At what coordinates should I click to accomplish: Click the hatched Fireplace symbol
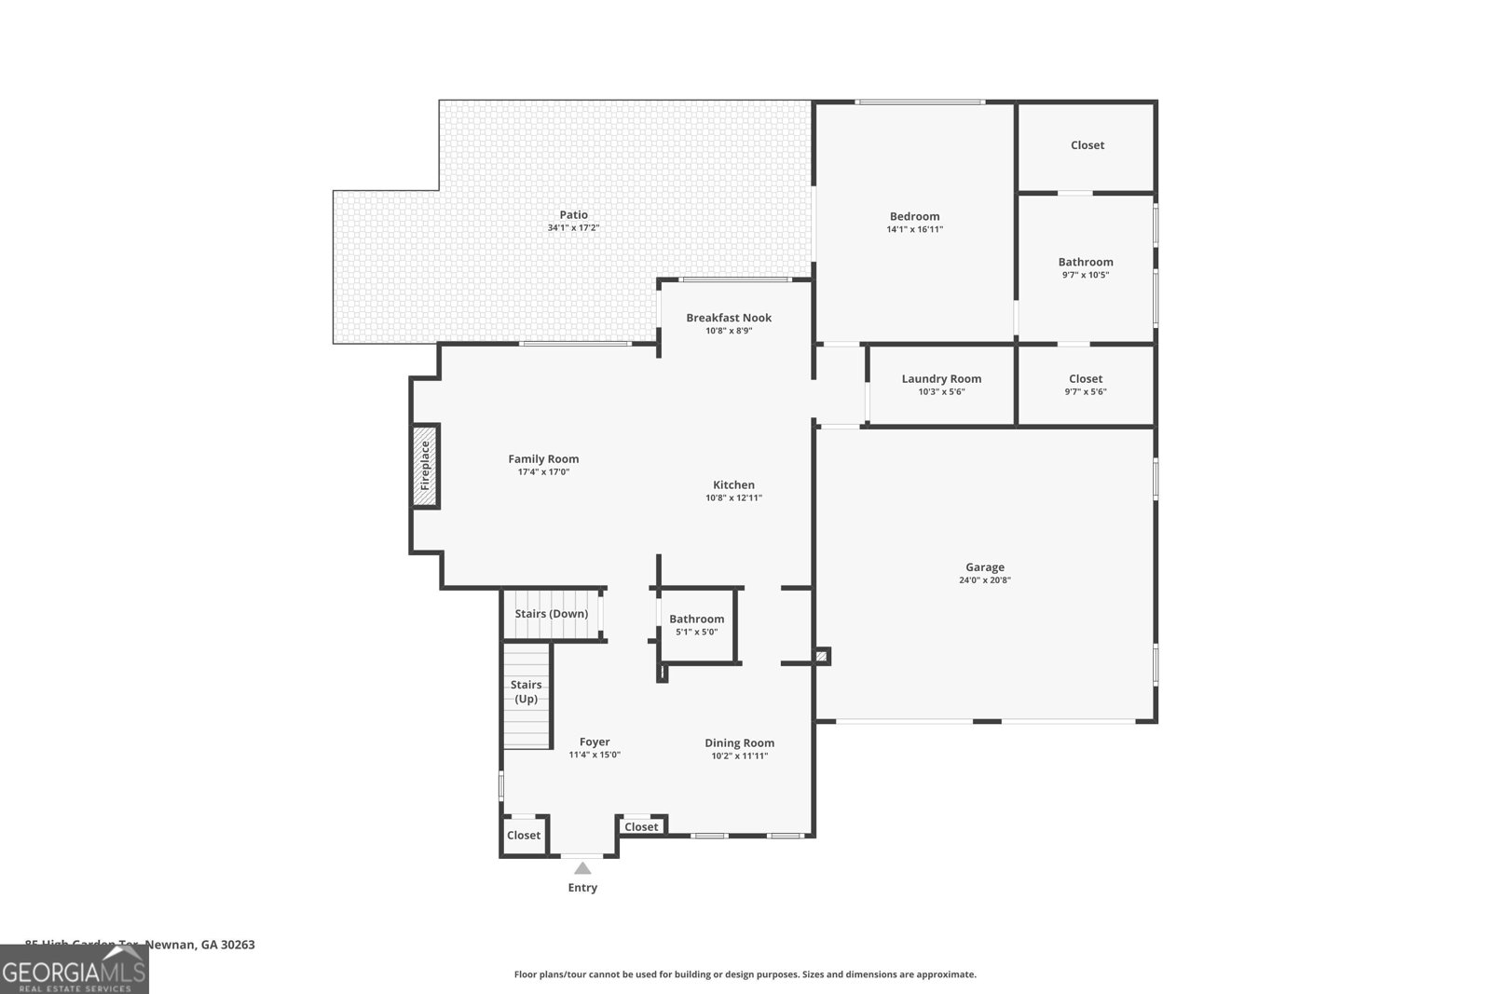click(425, 466)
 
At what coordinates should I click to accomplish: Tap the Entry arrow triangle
click(582, 868)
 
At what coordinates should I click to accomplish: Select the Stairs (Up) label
click(526, 691)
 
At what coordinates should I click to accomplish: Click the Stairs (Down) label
click(552, 614)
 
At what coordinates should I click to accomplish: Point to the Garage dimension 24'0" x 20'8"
click(985, 580)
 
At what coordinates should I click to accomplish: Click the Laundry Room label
click(941, 379)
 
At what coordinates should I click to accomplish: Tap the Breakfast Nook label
click(729, 318)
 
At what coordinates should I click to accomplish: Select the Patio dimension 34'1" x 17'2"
click(573, 228)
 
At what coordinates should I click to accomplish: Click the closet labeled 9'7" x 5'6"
click(1086, 385)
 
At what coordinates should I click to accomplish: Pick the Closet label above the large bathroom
click(1087, 145)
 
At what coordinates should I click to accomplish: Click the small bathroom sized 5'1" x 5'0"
click(696, 625)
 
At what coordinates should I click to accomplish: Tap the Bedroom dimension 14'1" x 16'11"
click(915, 229)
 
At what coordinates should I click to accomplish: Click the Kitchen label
click(733, 485)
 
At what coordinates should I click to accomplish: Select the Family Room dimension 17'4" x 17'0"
click(543, 472)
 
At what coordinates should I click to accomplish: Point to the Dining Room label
click(739, 743)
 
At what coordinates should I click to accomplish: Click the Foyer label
click(595, 742)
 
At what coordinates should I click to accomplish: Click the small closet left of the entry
click(524, 836)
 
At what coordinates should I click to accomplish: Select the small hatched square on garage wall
click(821, 657)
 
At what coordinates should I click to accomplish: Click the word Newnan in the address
click(171, 945)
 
